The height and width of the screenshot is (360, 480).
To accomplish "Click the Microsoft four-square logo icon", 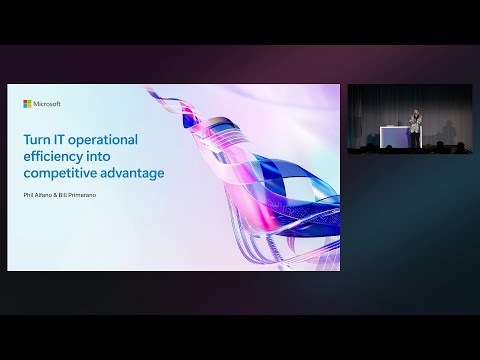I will pyautogui.click(x=27, y=103).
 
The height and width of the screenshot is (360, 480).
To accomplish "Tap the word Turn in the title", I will pyautogui.click(x=37, y=140).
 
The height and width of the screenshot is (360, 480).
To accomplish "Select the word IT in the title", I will pyautogui.click(x=60, y=140).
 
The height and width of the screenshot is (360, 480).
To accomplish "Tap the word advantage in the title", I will pyautogui.click(x=130, y=173).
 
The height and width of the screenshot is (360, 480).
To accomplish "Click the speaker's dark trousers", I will pyautogui.click(x=414, y=140).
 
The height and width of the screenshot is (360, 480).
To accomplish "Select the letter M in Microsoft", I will pyautogui.click(x=36, y=103).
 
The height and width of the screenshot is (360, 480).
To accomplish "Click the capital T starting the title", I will pyautogui.click(x=26, y=140).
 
